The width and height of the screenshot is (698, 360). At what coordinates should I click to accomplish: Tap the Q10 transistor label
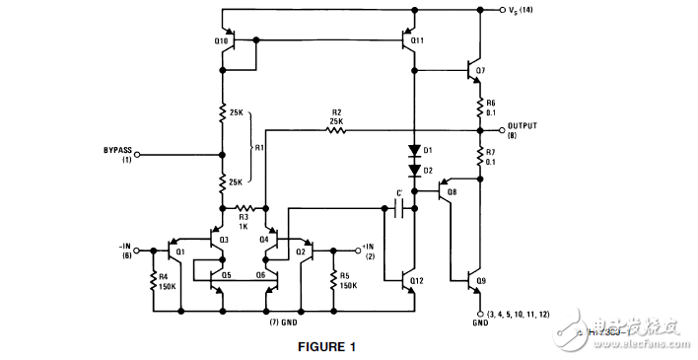(220, 40)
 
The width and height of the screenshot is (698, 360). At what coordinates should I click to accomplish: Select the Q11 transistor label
(417, 40)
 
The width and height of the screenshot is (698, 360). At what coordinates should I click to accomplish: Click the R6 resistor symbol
(480, 107)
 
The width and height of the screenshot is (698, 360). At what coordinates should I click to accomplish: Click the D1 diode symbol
(415, 151)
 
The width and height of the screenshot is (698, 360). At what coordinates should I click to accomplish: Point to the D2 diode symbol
(415, 170)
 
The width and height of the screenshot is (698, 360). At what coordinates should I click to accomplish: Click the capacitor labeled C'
(397, 208)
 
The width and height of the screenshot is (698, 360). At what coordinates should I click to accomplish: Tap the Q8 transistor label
(452, 193)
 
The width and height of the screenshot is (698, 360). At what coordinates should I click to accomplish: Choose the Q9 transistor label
(480, 279)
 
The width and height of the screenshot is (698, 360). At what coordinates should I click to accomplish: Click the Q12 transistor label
(417, 280)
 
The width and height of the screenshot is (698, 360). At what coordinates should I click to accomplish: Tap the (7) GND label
(283, 322)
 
